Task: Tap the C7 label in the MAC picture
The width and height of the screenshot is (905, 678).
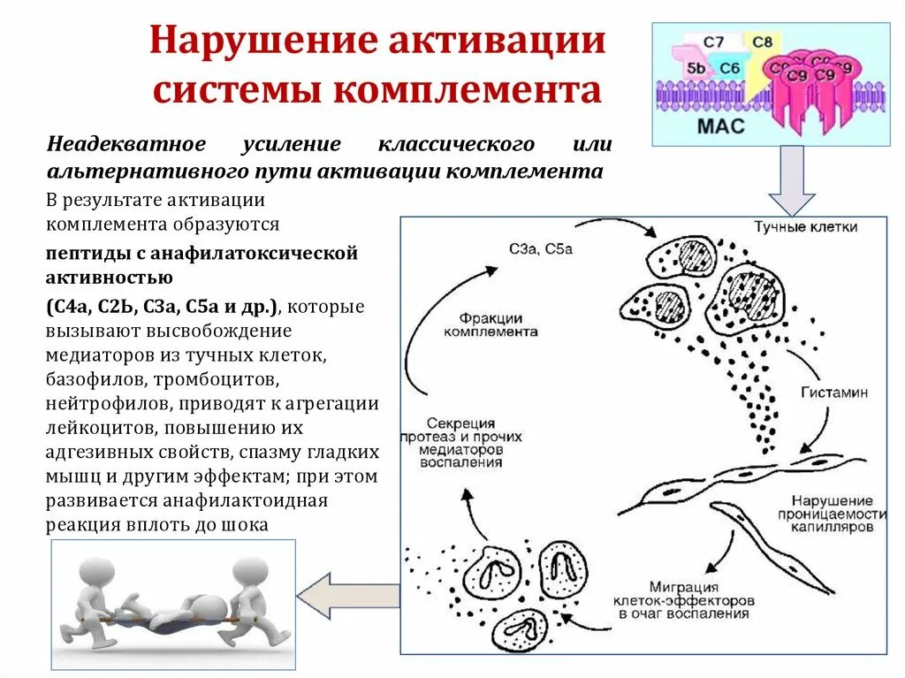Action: tap(713, 42)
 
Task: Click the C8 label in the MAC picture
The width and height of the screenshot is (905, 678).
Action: tap(763, 41)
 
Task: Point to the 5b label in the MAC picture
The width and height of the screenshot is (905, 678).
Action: tap(696, 68)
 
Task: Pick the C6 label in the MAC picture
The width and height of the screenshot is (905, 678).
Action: tap(729, 68)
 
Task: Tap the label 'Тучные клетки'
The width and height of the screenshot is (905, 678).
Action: tap(804, 228)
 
